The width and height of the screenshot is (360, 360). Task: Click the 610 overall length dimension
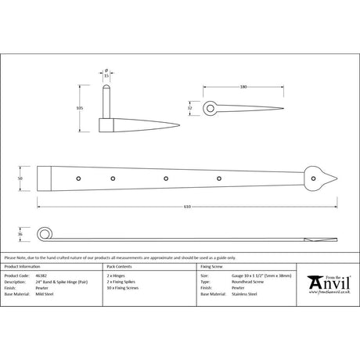pyautogui.click(x=182, y=206)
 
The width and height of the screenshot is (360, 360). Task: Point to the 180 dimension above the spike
pyautogui.click(x=244, y=88)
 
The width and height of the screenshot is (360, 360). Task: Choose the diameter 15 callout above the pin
pyautogui.click(x=107, y=74)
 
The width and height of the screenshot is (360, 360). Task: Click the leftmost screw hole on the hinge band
pyautogui.click(x=77, y=180)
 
